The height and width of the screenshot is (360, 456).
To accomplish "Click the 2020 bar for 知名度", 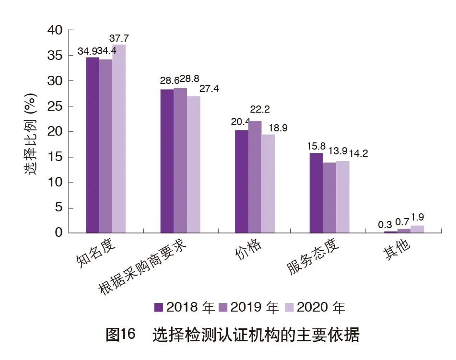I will [x=119, y=139].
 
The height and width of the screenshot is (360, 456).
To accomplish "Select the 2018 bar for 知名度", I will [x=92, y=145].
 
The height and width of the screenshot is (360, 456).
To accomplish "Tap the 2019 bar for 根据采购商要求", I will [x=180, y=161].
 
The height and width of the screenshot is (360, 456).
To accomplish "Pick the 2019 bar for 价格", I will [x=255, y=177].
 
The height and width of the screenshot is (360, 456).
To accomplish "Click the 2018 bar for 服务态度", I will [x=316, y=193].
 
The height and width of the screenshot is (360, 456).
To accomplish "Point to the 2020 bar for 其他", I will [x=417, y=229].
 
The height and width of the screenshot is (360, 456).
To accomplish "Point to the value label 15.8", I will [x=316, y=145].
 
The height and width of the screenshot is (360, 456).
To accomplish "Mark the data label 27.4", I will [x=209, y=89].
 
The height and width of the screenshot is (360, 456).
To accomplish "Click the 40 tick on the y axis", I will [x=55, y=30].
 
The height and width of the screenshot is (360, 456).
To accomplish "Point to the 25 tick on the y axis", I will [x=55, y=106].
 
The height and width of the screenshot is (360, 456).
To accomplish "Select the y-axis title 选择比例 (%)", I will [x=30, y=132].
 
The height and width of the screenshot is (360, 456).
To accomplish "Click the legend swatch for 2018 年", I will [x=159, y=307].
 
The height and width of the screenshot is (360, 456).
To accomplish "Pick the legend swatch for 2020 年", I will [x=290, y=307].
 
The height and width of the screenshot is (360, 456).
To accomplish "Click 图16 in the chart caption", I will [x=121, y=334].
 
